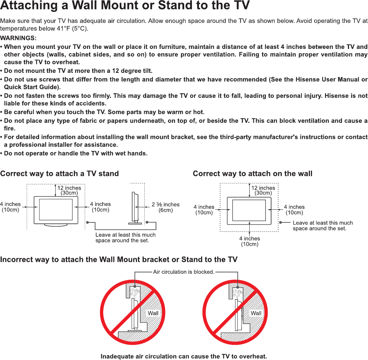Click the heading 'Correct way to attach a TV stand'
point(60,173)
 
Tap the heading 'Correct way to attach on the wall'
point(252,173)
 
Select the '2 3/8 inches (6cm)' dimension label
point(166,207)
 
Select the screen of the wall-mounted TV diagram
point(249,210)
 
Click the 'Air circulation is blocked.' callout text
point(184,272)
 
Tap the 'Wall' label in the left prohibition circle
point(153,313)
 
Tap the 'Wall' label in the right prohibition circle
point(256,313)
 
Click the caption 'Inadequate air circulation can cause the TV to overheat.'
point(184,356)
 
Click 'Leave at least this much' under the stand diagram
point(125,235)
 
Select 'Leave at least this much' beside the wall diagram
point(323,223)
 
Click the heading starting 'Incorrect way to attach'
point(119,260)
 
